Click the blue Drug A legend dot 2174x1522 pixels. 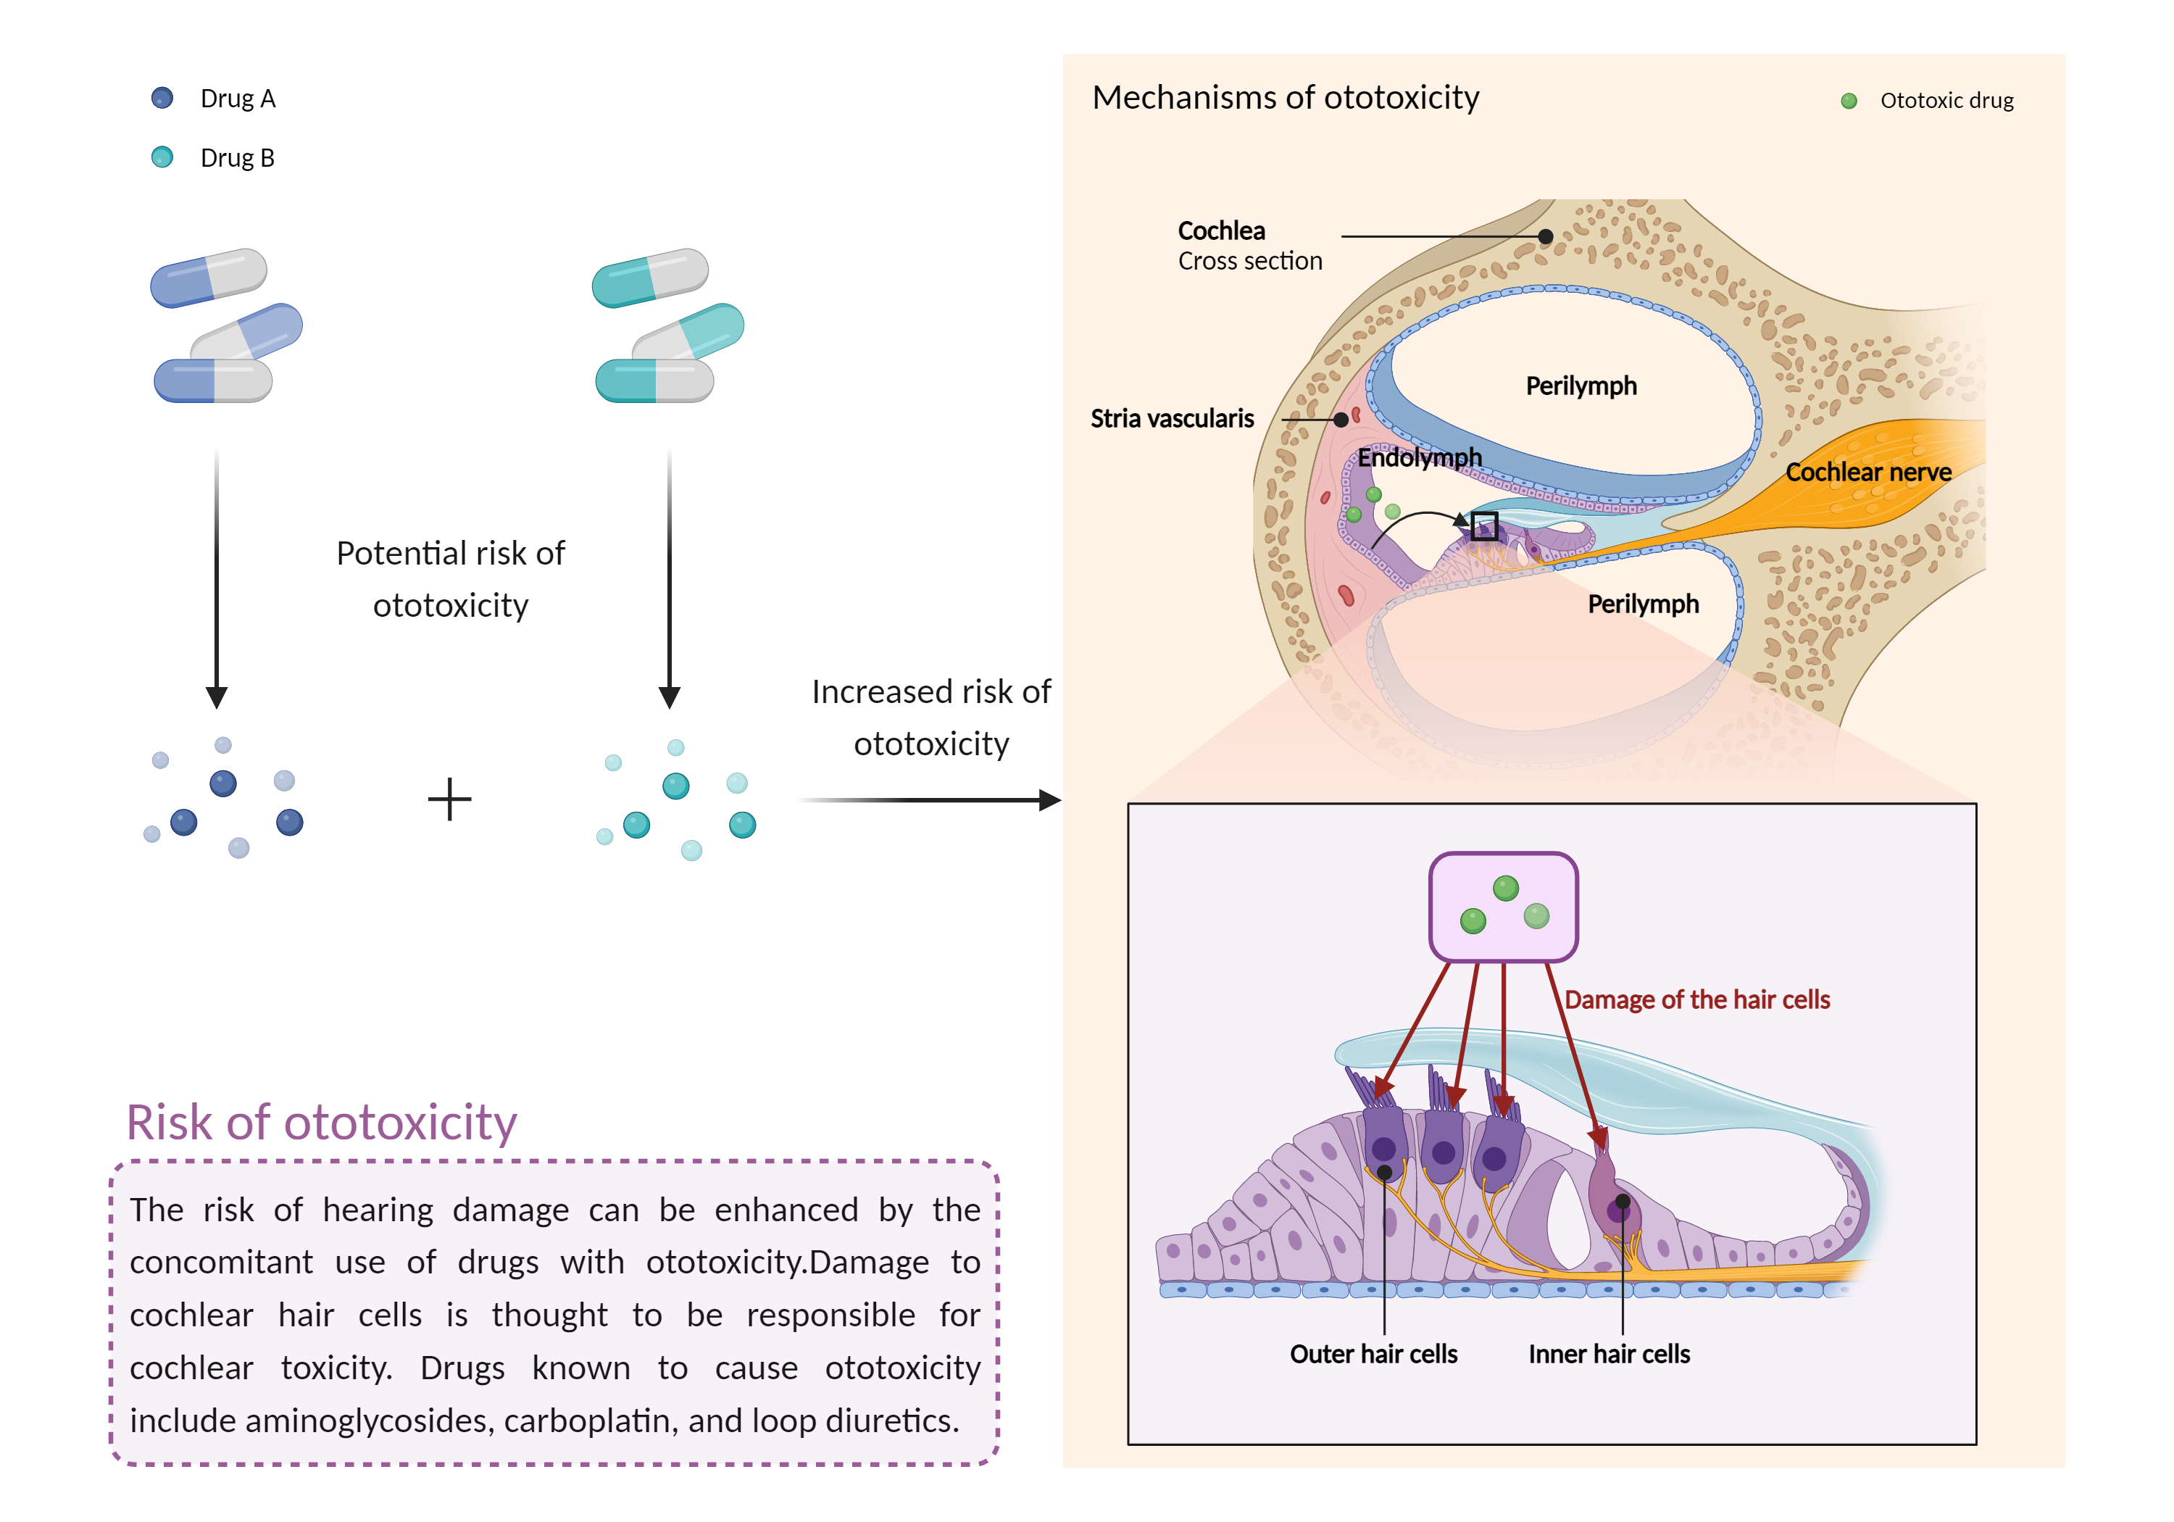coord(162,98)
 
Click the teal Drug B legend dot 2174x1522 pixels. coord(162,157)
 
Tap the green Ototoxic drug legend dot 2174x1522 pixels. coord(1849,101)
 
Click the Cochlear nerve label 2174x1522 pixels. coord(1867,472)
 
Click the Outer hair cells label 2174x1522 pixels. coord(1373,1355)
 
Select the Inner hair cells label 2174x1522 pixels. coord(1608,1355)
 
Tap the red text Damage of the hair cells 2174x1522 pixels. coord(1696,999)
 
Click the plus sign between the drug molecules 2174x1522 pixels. coord(450,799)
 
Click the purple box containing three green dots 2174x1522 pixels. coord(1503,907)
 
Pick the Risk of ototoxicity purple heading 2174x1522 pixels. coord(321,1123)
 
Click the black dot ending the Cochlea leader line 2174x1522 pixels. coord(1545,236)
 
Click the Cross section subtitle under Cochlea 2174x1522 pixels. coord(1250,262)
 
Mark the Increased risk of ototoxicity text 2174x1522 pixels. coord(930,717)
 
